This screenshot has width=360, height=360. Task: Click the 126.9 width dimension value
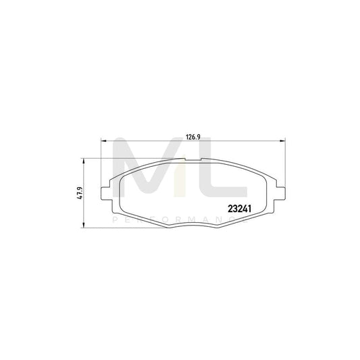[190, 136]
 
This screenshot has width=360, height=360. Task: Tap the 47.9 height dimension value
[79, 192]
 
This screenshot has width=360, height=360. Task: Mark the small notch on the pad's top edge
[190, 162]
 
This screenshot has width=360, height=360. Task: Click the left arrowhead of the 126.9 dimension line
[103, 140]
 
